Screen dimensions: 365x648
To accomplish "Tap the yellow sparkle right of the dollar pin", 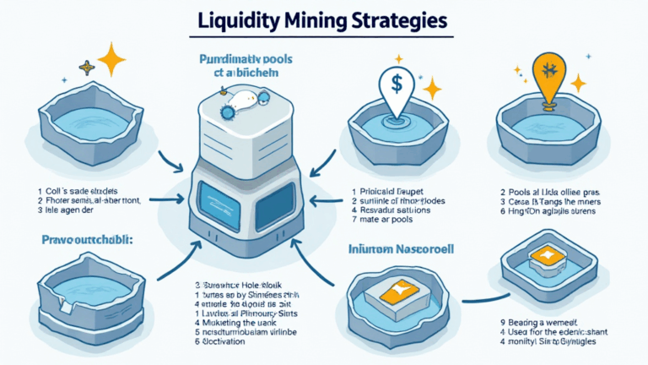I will click(x=433, y=87).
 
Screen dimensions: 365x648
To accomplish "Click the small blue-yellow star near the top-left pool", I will click(x=86, y=66).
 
